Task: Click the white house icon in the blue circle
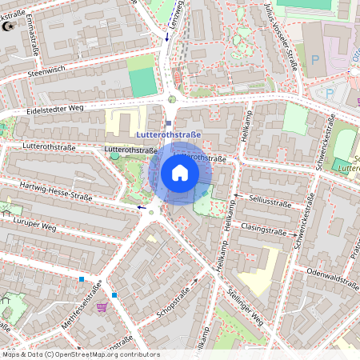(x=180, y=173)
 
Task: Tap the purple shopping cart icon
(x=101, y=307)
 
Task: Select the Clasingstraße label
(x=263, y=230)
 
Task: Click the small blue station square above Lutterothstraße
(x=169, y=123)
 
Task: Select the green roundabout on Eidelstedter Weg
(x=172, y=99)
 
